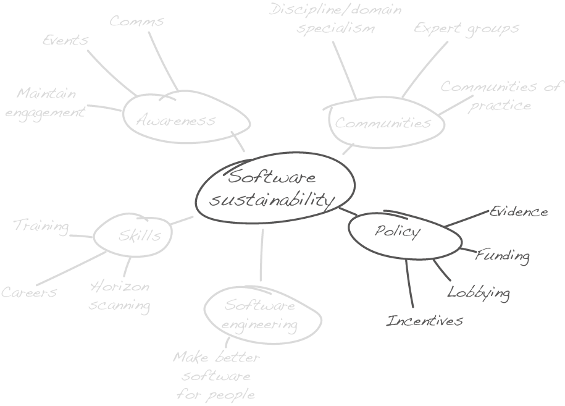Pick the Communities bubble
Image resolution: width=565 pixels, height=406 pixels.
(383, 123)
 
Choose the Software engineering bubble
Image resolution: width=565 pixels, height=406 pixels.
(260, 315)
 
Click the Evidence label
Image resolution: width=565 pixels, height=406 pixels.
(519, 212)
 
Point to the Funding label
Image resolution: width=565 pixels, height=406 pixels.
(502, 255)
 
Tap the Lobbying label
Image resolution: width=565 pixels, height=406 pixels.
(479, 292)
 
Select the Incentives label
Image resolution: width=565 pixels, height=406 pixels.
(424, 321)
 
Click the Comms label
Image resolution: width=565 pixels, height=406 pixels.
(136, 21)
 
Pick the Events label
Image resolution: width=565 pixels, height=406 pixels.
(65, 40)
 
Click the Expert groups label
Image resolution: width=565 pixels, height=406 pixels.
(466, 28)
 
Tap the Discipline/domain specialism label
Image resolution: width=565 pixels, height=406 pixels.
(335, 19)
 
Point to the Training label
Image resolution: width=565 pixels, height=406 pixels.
(41, 226)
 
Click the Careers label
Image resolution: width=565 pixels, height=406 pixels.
(29, 292)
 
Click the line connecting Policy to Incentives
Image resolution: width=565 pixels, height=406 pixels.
(409, 284)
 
